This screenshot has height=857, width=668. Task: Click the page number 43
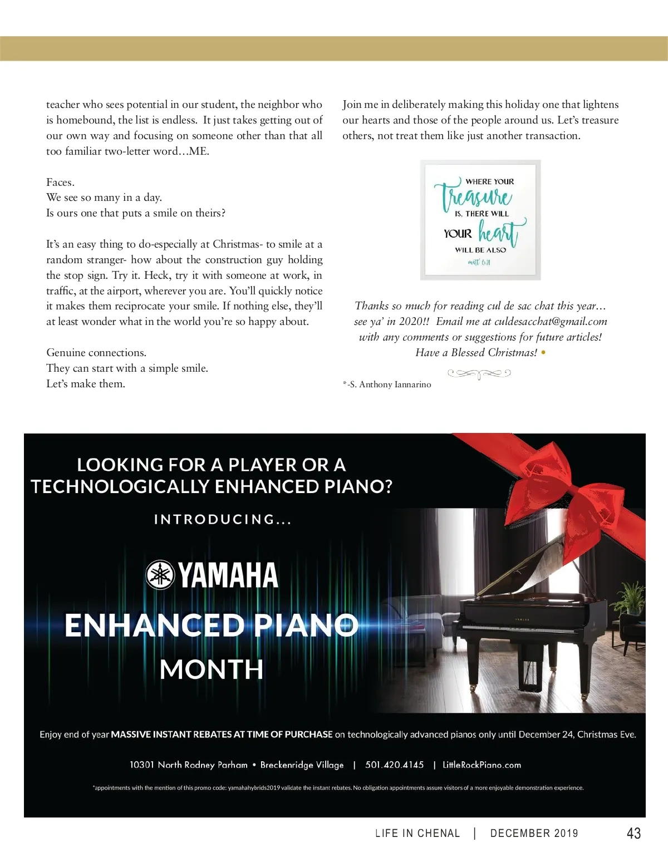(x=633, y=833)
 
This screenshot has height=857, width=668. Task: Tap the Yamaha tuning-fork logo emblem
(x=160, y=575)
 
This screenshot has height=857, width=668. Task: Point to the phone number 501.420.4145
(x=394, y=765)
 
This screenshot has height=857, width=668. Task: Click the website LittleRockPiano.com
(x=482, y=765)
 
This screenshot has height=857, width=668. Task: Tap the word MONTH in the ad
(x=212, y=669)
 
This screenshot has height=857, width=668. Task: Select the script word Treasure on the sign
(x=477, y=196)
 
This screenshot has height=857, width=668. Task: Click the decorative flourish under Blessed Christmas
(x=479, y=374)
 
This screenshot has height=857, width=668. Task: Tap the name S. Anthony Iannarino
(x=390, y=385)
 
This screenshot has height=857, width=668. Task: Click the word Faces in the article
(x=60, y=183)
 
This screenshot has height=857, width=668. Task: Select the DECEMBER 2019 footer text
(x=534, y=833)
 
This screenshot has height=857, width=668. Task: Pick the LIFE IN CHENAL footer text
(x=417, y=833)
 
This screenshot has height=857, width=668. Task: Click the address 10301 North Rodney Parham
(x=188, y=765)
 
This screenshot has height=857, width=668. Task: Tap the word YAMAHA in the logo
(x=228, y=575)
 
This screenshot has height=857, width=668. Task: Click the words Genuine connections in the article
(x=96, y=353)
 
